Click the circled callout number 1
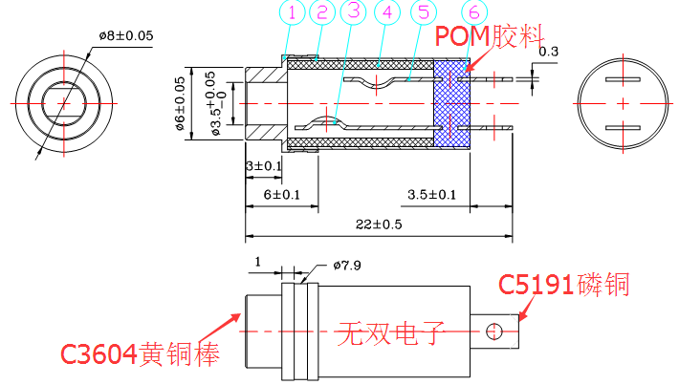click(x=293, y=13)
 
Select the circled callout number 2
click(x=321, y=13)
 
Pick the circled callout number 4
click(x=387, y=13)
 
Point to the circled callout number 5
click(x=421, y=13)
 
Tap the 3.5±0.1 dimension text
click(x=431, y=196)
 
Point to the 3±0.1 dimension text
click(x=263, y=166)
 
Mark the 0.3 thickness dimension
click(x=550, y=51)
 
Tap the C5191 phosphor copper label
click(x=564, y=285)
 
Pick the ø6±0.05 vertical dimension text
click(x=180, y=105)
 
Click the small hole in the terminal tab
click(x=494, y=332)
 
